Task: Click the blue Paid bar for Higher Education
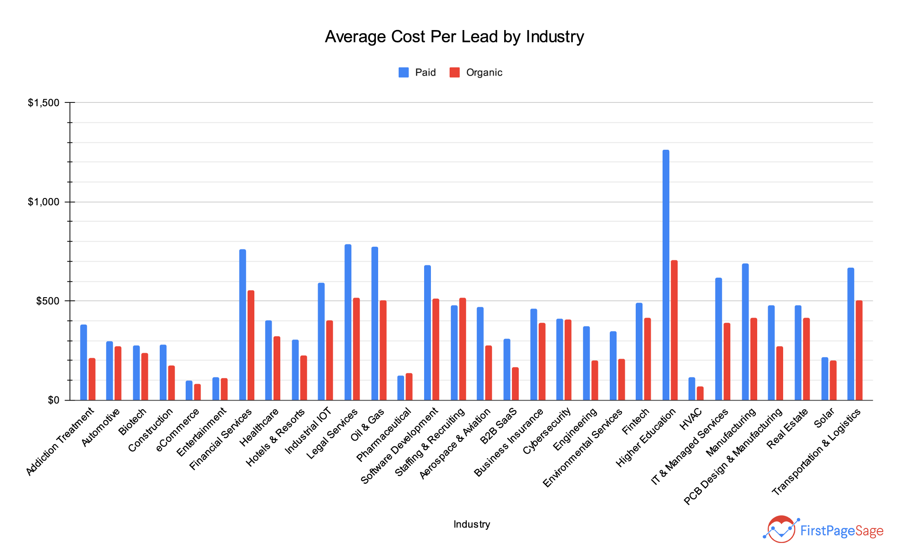666,275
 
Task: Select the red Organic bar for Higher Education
674,330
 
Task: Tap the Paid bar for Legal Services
348,322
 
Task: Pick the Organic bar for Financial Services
251,345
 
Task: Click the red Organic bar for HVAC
700,394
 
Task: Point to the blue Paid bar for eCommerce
189,391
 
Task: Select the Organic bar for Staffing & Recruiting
462,349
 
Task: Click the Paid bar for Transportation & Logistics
850,334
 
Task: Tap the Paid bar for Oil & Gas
375,324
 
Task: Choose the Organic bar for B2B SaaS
515,384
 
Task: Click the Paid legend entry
417,72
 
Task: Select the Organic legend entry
476,72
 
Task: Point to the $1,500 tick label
44,103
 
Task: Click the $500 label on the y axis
47,301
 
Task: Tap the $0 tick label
53,401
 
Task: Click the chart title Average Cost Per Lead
454,36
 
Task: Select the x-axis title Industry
471,524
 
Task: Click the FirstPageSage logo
823,530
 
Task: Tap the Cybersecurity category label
547,431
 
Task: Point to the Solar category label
824,418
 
